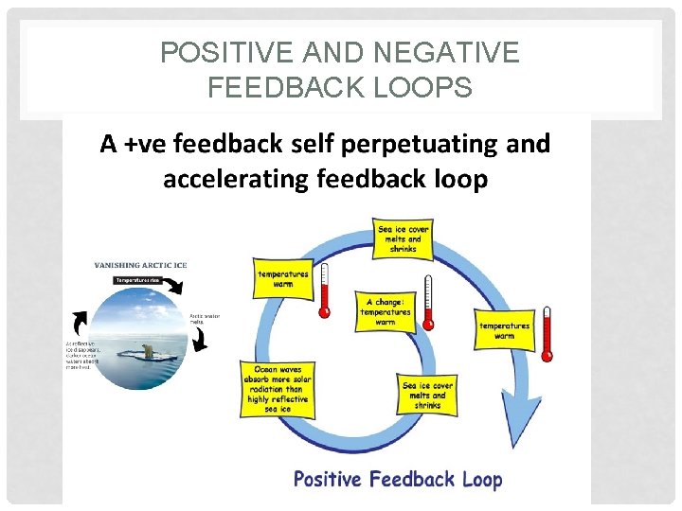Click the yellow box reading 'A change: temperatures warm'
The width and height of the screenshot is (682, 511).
point(386,311)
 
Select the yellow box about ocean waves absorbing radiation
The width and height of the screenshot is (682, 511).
point(279,389)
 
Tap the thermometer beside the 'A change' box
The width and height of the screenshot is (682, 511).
point(428,304)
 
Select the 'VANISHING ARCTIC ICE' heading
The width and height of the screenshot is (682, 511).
point(140,266)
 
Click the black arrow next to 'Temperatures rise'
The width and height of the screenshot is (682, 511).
point(175,285)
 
